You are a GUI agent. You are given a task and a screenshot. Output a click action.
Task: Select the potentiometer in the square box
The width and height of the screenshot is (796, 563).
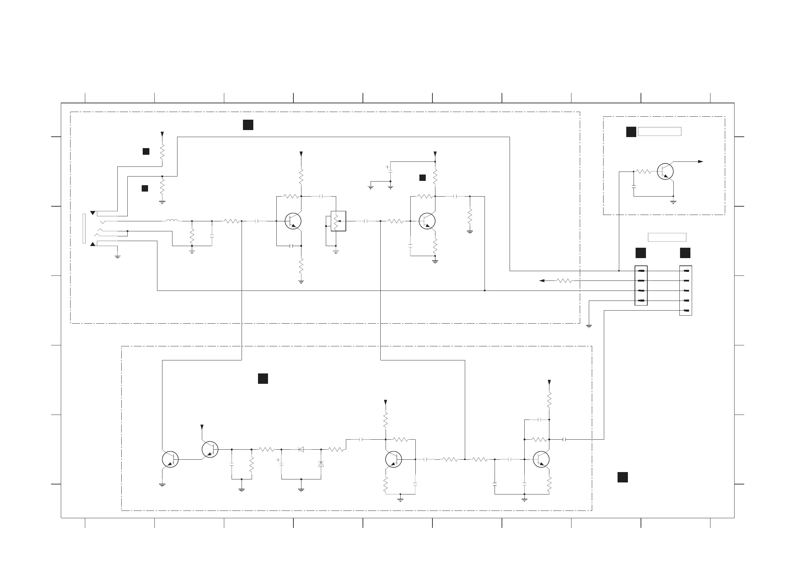click(x=338, y=221)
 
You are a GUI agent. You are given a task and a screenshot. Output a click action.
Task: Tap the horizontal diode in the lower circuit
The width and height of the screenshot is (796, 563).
click(x=301, y=449)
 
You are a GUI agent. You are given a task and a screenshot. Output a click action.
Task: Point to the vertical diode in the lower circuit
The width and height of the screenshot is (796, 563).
click(x=321, y=464)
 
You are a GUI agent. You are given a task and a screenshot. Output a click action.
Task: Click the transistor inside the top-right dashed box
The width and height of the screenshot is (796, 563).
click(x=665, y=172)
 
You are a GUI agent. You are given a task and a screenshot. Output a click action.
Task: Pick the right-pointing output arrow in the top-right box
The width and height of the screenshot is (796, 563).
click(x=700, y=162)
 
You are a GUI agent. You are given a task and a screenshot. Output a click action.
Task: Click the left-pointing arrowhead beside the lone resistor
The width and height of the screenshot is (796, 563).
click(x=542, y=280)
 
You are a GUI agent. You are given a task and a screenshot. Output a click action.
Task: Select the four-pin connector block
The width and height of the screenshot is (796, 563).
click(x=641, y=286)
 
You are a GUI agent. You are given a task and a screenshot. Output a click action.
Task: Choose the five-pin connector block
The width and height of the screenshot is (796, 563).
click(x=685, y=290)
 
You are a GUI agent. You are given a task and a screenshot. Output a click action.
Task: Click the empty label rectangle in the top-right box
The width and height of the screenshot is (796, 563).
click(x=659, y=131)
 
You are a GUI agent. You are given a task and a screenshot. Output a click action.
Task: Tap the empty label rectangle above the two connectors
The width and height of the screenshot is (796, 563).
click(x=667, y=237)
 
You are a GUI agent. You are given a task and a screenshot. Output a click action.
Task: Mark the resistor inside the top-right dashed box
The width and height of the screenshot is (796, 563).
click(x=644, y=172)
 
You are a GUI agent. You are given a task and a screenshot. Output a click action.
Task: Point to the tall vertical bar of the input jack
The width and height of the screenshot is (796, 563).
click(x=84, y=229)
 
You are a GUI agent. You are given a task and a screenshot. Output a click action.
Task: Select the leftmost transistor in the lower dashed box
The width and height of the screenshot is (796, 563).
click(x=170, y=459)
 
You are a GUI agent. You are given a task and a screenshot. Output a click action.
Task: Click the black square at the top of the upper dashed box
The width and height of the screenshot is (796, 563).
click(x=248, y=125)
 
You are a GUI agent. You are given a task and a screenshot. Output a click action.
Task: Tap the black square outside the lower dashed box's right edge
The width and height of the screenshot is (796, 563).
click(x=622, y=477)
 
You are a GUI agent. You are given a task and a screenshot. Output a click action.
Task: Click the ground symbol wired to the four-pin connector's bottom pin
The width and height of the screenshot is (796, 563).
click(x=589, y=326)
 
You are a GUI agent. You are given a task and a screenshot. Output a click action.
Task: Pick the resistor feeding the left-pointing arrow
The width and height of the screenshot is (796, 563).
click(x=564, y=280)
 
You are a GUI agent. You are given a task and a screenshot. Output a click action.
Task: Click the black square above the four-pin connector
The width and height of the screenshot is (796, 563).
click(x=640, y=253)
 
